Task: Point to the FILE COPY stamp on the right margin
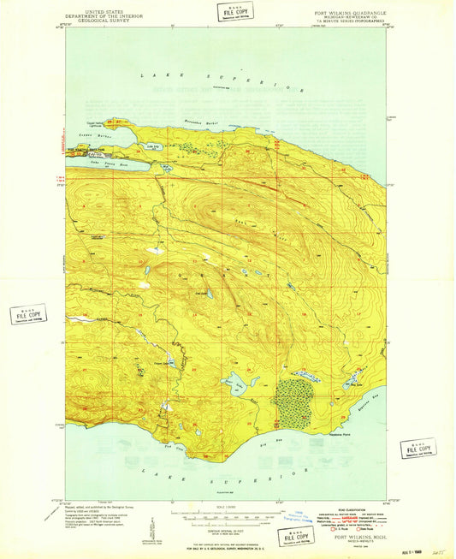pos(418,449)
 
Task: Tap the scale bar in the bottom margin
pos(226,514)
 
